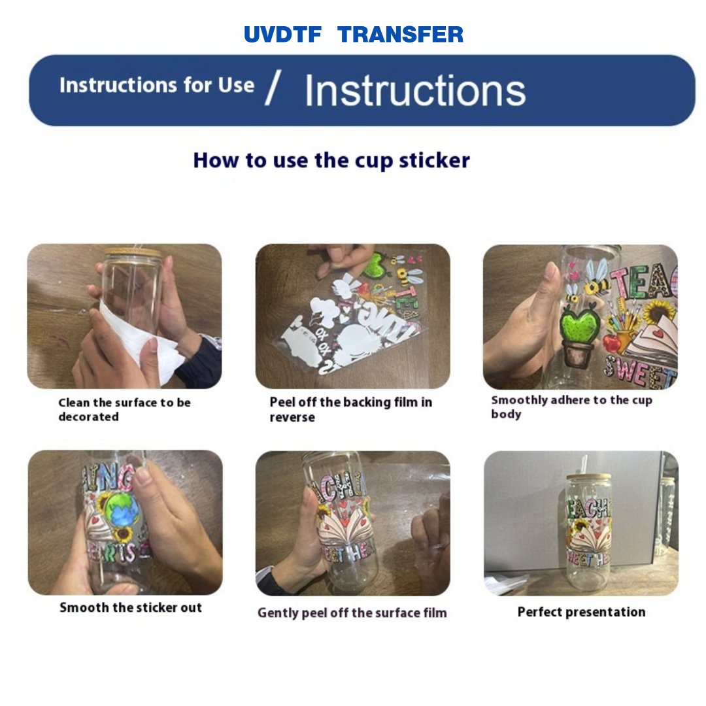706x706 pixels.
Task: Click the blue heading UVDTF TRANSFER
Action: click(x=354, y=35)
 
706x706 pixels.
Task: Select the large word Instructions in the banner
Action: click(x=414, y=90)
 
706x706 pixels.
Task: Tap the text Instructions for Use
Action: click(x=157, y=86)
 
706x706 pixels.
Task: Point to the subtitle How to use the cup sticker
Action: click(x=331, y=160)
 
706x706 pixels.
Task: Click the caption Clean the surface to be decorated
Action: click(x=124, y=410)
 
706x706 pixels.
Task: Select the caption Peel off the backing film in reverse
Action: click(x=350, y=410)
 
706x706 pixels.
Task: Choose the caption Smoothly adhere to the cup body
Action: click(x=571, y=407)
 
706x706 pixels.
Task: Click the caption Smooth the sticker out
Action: click(x=131, y=608)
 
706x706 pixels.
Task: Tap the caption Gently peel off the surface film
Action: click(x=352, y=613)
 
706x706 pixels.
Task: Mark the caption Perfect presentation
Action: click(x=581, y=613)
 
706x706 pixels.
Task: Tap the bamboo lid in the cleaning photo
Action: click(x=134, y=252)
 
